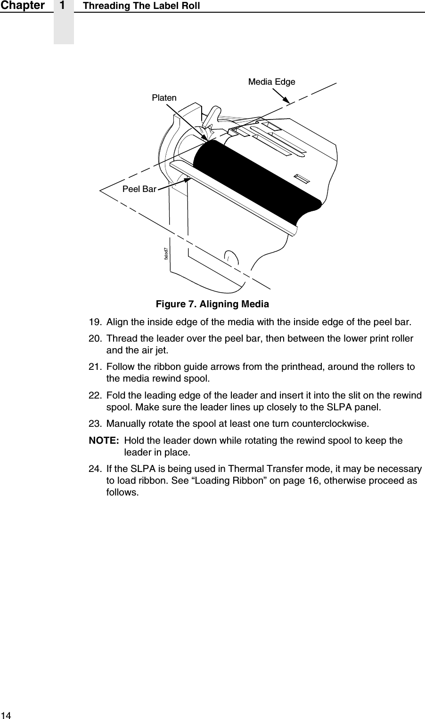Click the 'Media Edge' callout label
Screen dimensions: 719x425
tap(271, 82)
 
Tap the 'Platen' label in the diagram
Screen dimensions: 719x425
tap(164, 98)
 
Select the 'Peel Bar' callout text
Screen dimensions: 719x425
tap(139, 189)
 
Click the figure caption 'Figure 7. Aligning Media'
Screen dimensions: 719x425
tap(212, 304)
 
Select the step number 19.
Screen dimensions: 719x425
tap(95, 323)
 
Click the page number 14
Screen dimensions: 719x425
tap(5, 715)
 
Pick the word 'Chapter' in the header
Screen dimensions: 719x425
tap(23, 6)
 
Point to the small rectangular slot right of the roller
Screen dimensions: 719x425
tap(302, 179)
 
